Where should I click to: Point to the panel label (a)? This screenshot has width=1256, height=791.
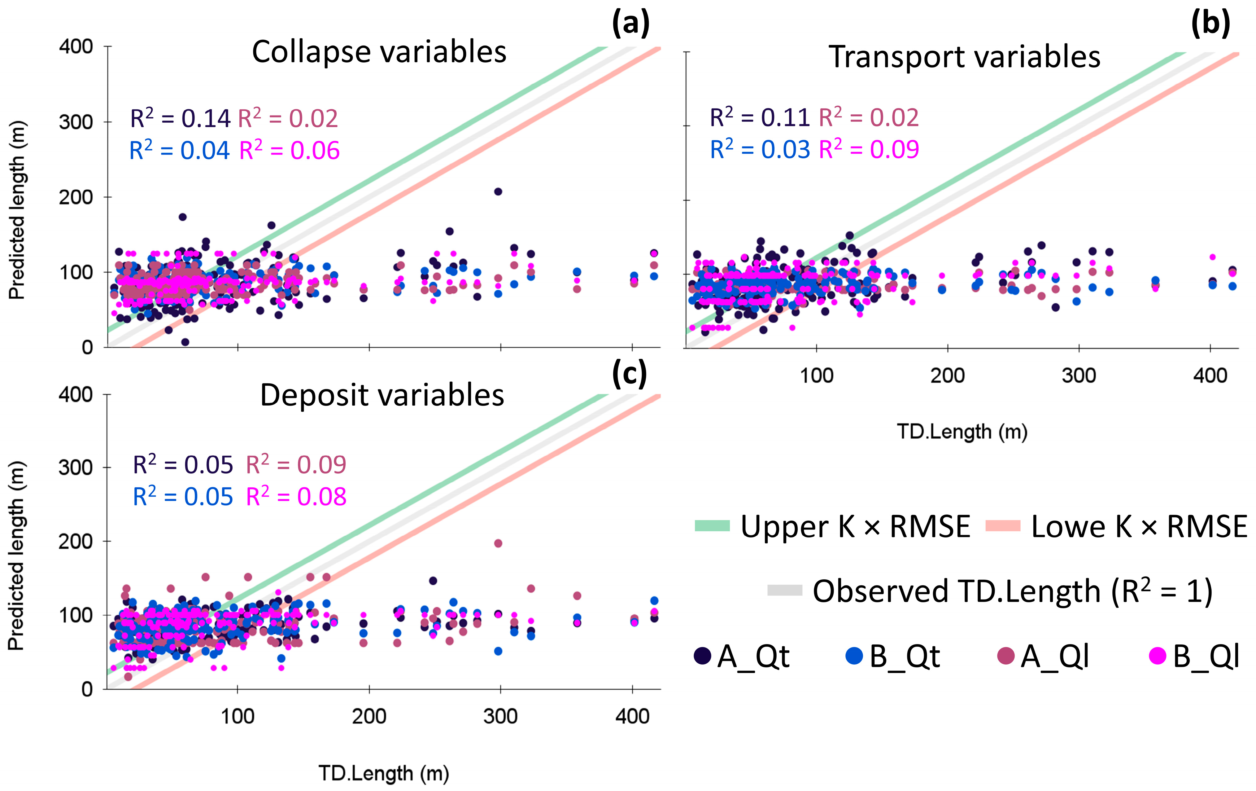coord(630,24)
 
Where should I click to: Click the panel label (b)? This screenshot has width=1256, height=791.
coord(1210,24)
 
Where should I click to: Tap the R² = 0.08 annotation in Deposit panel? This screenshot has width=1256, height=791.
coord(296,496)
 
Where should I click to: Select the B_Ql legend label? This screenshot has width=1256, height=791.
coord(1206,657)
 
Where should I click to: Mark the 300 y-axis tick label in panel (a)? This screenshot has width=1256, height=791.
coord(76,122)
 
